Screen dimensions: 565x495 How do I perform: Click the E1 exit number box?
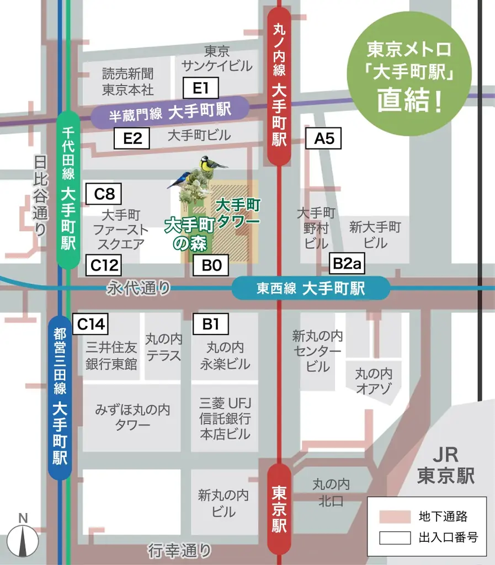click(x=201, y=88)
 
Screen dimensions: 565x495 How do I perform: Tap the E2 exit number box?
click(x=132, y=138)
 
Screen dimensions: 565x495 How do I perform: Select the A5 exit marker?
click(x=324, y=138)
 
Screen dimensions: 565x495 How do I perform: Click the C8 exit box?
click(x=104, y=194)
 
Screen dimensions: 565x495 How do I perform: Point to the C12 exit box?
click(x=104, y=265)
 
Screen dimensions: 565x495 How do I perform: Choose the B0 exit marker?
click(x=211, y=265)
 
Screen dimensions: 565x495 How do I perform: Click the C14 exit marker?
click(x=91, y=324)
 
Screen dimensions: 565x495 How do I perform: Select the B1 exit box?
click(x=211, y=324)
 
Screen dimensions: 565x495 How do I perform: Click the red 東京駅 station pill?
click(x=279, y=509)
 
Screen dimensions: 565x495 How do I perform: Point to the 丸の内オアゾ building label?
click(x=374, y=381)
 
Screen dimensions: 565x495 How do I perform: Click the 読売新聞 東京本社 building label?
click(x=128, y=81)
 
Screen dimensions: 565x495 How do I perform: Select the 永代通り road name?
click(x=139, y=287)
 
